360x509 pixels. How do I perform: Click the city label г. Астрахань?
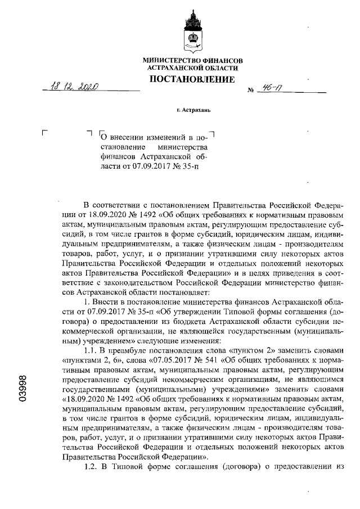(192, 110)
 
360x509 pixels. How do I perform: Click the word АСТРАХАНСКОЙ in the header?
(175, 67)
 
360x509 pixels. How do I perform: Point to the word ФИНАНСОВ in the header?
(223, 60)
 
